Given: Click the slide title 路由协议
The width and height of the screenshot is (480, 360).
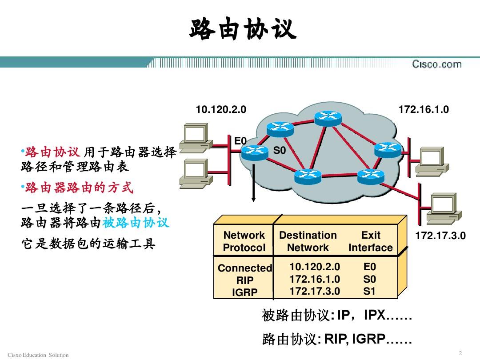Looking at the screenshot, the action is tap(243, 29).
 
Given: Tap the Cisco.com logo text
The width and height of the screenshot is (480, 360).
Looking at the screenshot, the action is tap(437, 64).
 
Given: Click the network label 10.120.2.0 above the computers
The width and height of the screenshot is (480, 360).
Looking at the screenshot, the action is tap(221, 109).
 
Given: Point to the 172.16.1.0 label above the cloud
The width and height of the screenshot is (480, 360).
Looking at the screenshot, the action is tap(424, 109).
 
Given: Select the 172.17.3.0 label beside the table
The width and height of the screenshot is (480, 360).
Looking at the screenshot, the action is tap(440, 236).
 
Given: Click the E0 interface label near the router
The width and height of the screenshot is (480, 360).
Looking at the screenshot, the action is tap(240, 141).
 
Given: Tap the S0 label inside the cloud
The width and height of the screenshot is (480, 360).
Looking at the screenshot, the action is tap(279, 150).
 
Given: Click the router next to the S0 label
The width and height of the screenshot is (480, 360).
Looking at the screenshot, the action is tap(255, 152).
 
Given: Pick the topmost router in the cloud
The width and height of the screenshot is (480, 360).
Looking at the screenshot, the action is tap(328, 118).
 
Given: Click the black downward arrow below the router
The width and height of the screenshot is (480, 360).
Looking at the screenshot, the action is tap(253, 183).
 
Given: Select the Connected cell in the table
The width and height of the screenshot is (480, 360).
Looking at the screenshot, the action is tap(245, 268).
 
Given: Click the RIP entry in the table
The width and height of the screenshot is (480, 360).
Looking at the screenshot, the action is tap(244, 280).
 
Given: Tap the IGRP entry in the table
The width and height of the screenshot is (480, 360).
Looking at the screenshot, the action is tap(244, 292).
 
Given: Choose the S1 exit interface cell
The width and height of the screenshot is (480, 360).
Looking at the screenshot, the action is tap(369, 291).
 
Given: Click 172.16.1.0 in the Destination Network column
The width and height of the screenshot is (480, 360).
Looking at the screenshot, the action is tap(315, 279).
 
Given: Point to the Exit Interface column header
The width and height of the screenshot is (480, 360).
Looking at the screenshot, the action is tap(370, 241).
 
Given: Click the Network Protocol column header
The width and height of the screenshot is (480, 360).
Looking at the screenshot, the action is tap(244, 241).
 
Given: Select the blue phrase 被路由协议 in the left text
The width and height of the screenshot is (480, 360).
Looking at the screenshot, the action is tap(136, 223).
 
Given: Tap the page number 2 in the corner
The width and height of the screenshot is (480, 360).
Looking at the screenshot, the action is tap(460, 353).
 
